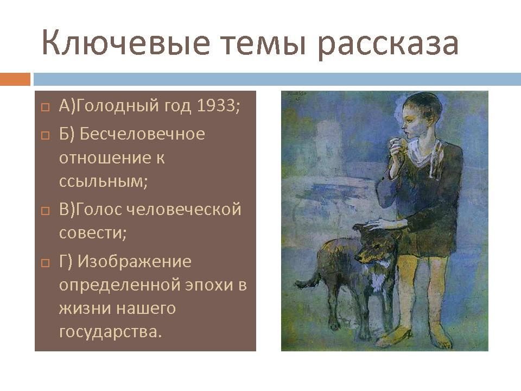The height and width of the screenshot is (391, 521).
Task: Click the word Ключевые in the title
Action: click(x=126, y=42)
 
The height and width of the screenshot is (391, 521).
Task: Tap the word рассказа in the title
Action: click(x=387, y=45)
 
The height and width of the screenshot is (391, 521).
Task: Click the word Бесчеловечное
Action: click(x=142, y=134)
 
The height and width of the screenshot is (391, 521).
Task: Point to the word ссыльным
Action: click(x=103, y=181)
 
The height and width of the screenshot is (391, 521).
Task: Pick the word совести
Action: click(x=93, y=232)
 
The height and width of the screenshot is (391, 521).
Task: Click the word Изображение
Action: click(x=134, y=262)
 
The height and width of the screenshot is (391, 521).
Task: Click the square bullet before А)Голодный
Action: click(x=45, y=107)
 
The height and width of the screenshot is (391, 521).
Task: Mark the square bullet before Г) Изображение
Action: click(x=45, y=263)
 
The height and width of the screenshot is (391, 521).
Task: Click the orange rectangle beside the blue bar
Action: click(x=15, y=79)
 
